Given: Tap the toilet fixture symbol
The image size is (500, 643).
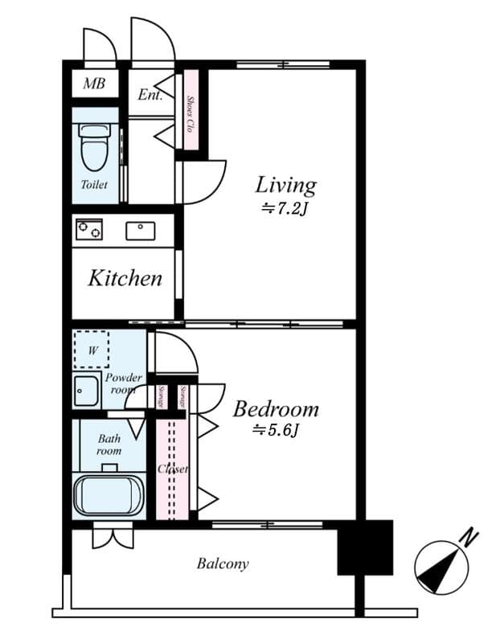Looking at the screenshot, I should pos(94,148).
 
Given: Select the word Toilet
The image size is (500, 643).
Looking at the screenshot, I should pos(94,185).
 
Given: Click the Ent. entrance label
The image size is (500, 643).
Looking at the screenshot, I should pos(150,95).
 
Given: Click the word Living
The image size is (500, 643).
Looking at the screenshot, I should pos(285,185).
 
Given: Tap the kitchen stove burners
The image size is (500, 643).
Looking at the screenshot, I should pos(88,230).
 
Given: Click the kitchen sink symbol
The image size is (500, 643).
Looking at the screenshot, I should pos(141,231).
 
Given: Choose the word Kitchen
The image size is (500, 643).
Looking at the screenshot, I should pos(125,279).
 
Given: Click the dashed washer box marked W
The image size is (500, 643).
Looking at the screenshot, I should pos(91,350).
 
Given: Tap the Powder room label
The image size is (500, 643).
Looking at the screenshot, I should pos(123,383).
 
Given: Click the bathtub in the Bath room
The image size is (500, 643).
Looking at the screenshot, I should pos(108,494).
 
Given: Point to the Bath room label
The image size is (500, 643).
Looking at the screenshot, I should pos(109,444).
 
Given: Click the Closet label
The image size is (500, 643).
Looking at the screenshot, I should pos(173,469).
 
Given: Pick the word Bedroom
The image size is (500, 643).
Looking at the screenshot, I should pos(276,409).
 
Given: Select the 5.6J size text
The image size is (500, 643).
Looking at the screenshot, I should pos(276,432).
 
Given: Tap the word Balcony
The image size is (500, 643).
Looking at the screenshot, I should pos(223,563).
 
